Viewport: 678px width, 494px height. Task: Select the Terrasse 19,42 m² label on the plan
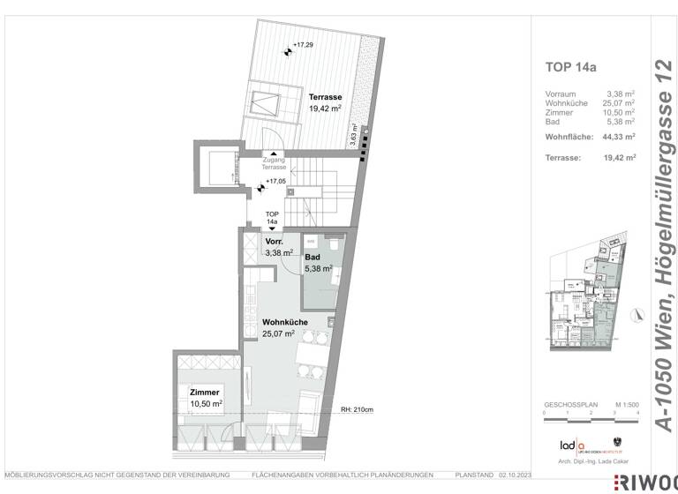(x=325, y=102)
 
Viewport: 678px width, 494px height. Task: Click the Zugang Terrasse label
(x=275, y=163)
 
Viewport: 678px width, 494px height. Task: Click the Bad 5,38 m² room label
(x=319, y=263)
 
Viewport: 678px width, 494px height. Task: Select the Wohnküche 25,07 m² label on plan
(x=284, y=328)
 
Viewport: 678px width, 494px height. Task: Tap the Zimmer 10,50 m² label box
(x=204, y=396)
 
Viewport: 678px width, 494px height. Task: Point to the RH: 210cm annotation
(x=358, y=410)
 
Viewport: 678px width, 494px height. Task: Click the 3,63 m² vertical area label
(x=353, y=138)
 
